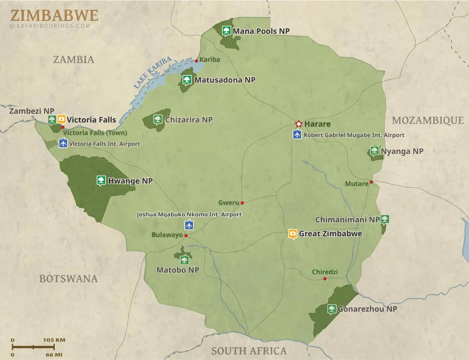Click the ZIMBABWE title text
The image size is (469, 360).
[54, 15]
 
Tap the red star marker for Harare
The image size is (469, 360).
[299, 124]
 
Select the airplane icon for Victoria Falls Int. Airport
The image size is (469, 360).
[63, 143]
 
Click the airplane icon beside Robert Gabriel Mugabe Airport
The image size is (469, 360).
[297, 135]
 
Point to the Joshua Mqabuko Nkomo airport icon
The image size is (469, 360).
[189, 225]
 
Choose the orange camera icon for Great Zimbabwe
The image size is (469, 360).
[293, 234]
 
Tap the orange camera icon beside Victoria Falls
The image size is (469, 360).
[62, 119]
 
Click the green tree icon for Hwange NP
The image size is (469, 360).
[101, 180]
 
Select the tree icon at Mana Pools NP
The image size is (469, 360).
[226, 31]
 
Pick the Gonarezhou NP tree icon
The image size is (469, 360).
[332, 309]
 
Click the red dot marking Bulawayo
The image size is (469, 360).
[186, 235]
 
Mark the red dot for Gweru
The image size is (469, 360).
[242, 203]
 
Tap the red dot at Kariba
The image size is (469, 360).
[196, 61]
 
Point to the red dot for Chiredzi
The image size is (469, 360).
[325, 279]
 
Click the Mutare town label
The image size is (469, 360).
[357, 184]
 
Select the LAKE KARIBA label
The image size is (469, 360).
[152, 72]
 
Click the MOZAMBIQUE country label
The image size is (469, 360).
[428, 120]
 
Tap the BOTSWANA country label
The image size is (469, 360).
[68, 279]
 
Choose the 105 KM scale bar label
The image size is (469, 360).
[54, 340]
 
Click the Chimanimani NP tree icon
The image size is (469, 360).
[385, 219]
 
